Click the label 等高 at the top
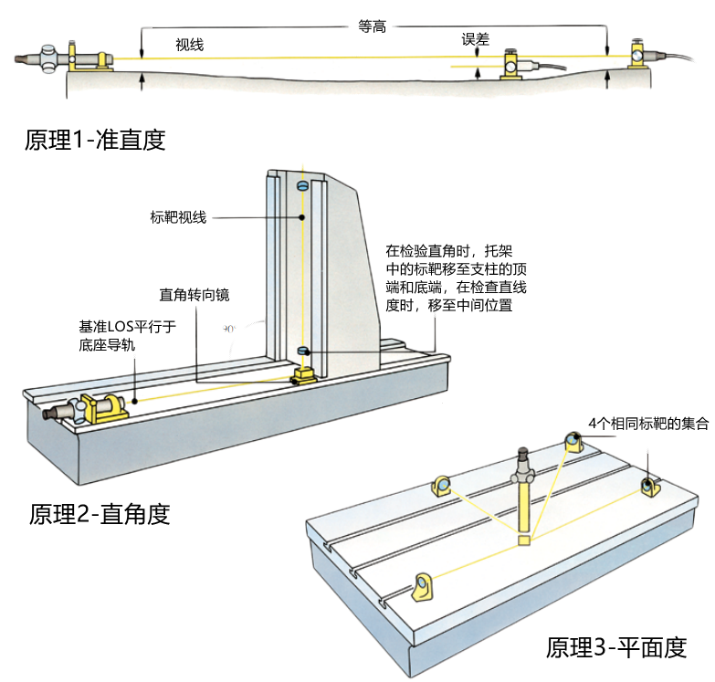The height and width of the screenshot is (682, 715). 373,27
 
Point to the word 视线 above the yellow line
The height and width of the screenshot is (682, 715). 189,44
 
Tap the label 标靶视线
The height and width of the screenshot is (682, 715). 179,217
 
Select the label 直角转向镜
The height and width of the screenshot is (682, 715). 195,295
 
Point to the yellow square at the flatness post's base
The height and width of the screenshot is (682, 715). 523,540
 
